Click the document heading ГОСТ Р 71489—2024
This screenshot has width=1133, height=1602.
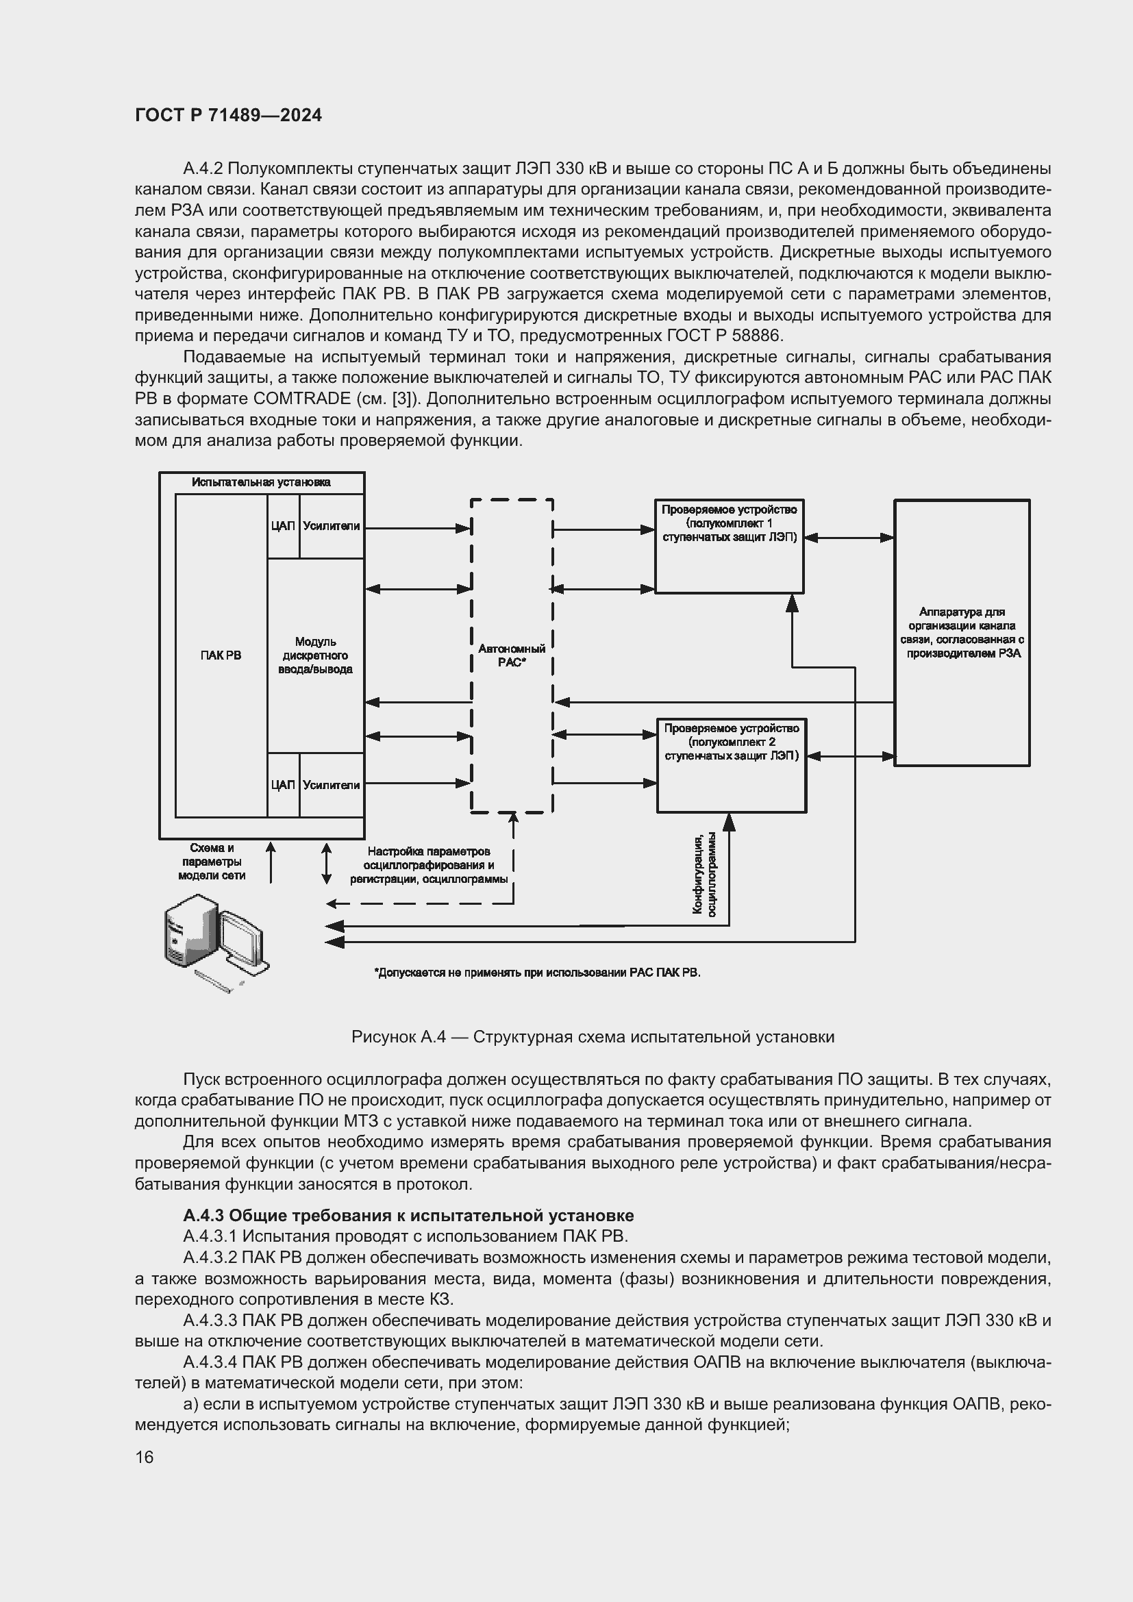coord(228,116)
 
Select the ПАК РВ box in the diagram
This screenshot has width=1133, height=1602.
coord(221,655)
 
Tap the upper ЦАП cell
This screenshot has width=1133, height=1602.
coord(282,526)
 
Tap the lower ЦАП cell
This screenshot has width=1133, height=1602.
coord(282,785)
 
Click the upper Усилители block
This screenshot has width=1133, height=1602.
coord(332,526)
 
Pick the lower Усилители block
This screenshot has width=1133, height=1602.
coord(332,785)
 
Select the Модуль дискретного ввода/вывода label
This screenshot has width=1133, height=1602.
coord(315,655)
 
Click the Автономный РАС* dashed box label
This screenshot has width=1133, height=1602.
coord(512,655)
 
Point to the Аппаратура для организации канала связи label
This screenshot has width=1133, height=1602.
coord(961,632)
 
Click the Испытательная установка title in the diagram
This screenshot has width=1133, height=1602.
coord(262,482)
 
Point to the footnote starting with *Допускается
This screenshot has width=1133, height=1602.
coord(537,972)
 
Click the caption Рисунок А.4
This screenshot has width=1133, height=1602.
coord(593,1037)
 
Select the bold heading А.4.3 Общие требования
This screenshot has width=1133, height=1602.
coord(408,1216)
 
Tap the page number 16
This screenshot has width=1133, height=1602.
coord(145,1457)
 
